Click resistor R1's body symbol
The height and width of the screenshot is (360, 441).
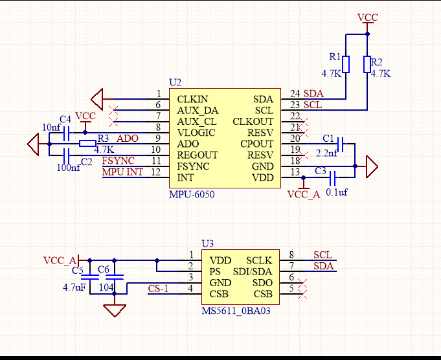pyautogui.click(x=346, y=64)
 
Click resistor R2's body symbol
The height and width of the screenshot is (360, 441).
pyautogui.click(x=367, y=64)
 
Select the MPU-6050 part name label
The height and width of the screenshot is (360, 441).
pyautogui.click(x=192, y=194)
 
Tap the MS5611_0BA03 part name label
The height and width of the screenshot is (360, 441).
pyautogui.click(x=236, y=311)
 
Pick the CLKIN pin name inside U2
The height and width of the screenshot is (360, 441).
pyautogui.click(x=193, y=99)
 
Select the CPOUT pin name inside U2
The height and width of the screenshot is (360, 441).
pyautogui.click(x=256, y=144)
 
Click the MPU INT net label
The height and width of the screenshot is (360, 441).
pyautogui.click(x=122, y=172)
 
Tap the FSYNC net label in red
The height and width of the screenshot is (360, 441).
pyautogui.click(x=118, y=160)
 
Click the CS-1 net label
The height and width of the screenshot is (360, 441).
pyautogui.click(x=158, y=288)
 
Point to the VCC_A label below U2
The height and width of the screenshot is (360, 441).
pyautogui.click(x=304, y=194)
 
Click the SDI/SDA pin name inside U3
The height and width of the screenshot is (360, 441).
pyautogui.click(x=253, y=271)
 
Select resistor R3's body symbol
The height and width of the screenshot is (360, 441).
pyautogui.click(x=87, y=144)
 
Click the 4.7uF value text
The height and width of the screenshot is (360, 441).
pyautogui.click(x=74, y=287)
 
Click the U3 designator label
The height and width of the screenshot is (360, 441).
pyautogui.click(x=207, y=243)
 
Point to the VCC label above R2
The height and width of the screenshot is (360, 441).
pyautogui.click(x=367, y=17)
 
